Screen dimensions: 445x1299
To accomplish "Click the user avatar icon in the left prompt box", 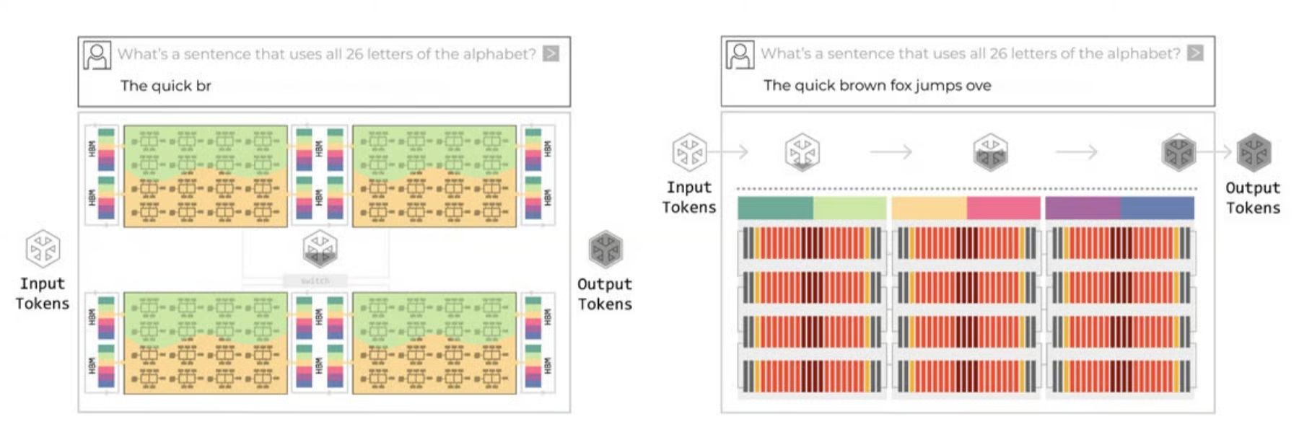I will (97, 55).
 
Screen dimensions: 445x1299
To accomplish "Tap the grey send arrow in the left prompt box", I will (551, 53).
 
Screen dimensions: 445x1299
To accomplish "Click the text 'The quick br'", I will (165, 86).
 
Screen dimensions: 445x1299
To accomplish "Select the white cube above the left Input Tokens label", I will (43, 248).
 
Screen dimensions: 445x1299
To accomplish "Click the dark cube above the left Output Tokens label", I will (605, 249).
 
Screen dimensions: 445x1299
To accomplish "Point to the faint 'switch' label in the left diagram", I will (315, 281).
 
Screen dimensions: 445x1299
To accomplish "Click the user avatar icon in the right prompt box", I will (740, 54).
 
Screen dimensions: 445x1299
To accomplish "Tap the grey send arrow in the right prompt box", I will (1195, 53).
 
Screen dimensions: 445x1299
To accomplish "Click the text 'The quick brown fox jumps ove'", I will (877, 85).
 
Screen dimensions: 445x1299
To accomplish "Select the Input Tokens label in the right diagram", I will (689, 197).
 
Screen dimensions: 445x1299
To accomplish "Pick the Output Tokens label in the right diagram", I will (1253, 198).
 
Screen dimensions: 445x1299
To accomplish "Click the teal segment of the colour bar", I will (775, 208).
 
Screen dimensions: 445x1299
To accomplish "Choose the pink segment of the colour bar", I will (1003, 208).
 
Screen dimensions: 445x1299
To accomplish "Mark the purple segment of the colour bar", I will (1082, 208).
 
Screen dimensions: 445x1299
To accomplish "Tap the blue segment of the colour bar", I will (1157, 208).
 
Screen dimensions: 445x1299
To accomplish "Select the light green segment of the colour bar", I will (849, 208).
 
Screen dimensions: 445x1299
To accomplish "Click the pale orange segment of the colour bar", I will (929, 208).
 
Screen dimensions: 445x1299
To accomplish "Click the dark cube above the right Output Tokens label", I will (1254, 152).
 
